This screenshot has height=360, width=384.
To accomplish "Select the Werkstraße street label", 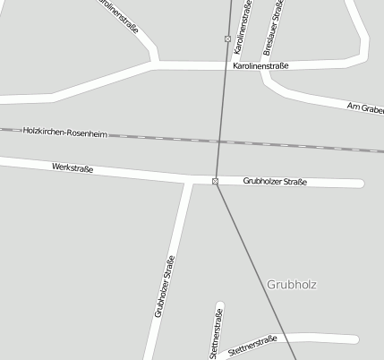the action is click(x=73, y=167).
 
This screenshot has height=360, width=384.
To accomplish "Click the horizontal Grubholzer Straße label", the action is click(x=275, y=182).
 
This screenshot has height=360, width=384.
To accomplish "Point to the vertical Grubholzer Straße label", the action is click(x=165, y=287).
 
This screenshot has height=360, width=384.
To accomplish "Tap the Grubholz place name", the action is click(x=292, y=284).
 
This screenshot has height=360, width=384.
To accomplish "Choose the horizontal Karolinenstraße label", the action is click(x=260, y=66).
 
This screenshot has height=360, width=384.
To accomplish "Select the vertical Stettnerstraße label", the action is click(x=215, y=331).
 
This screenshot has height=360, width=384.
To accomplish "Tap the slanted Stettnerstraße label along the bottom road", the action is click(x=252, y=345).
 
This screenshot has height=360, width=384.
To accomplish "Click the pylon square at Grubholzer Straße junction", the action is click(x=216, y=182).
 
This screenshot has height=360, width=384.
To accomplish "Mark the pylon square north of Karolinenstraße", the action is click(x=227, y=39).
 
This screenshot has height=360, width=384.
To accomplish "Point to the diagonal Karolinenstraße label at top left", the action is click(x=119, y=16).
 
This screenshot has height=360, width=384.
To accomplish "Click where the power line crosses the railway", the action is click(x=219, y=141).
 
